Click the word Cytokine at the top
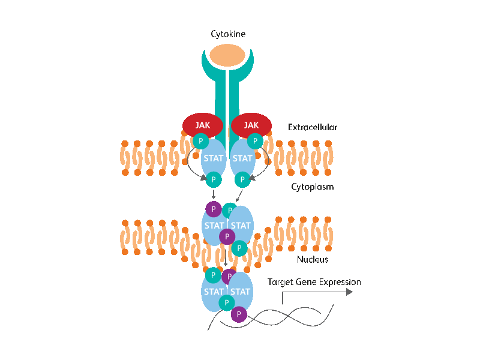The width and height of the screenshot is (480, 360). (x=228, y=34)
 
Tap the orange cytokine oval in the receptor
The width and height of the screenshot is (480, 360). (x=227, y=55)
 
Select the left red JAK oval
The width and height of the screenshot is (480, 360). (x=203, y=125)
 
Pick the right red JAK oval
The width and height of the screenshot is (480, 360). (x=251, y=125)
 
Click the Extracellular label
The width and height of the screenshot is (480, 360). (x=313, y=127)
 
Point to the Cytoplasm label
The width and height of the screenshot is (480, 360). (x=312, y=187)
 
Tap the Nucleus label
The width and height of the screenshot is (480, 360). (x=313, y=260)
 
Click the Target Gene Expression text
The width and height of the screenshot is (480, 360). (x=314, y=282)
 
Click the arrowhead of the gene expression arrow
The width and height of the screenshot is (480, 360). (x=349, y=292)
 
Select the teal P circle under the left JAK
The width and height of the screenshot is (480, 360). (x=201, y=141)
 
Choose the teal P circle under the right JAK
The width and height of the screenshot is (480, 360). (x=255, y=141)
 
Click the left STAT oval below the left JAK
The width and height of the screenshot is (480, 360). (x=214, y=158)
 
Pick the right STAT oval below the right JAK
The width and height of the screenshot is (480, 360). (x=242, y=158)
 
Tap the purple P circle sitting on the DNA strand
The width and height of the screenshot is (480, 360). (x=239, y=314)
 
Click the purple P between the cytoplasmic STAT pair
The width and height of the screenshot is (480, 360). (x=227, y=236)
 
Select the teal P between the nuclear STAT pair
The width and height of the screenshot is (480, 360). (x=227, y=303)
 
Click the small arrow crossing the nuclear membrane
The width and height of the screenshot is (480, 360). (x=226, y=258)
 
